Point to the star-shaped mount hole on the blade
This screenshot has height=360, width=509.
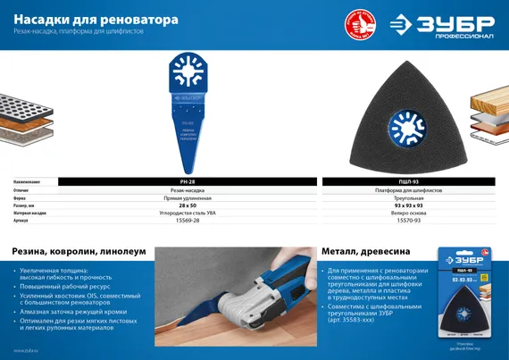pos(188,76)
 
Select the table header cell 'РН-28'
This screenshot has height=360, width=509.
pos(188,181)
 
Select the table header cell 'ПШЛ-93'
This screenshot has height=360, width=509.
pos(406,181)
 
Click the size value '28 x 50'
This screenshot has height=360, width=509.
pos(188,206)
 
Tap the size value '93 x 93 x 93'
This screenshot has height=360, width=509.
pos(406,206)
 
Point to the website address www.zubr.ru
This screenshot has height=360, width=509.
pos(27,350)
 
